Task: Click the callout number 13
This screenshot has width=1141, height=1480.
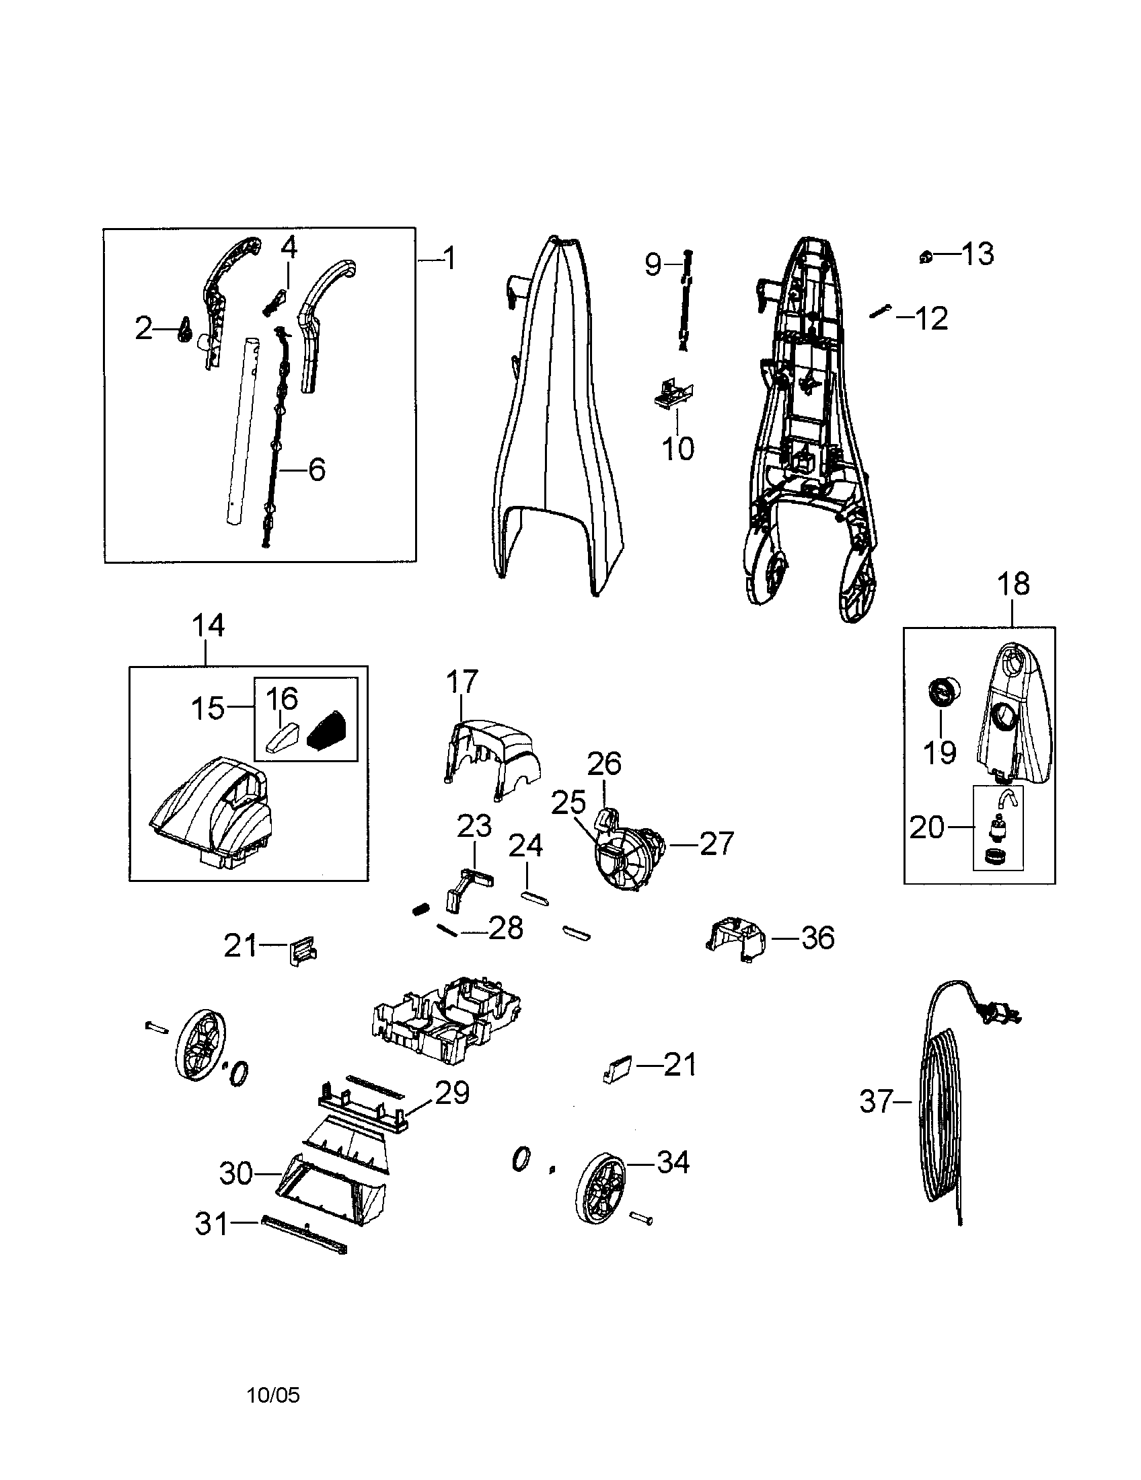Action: coord(978,255)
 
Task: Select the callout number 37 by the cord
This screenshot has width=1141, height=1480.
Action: coord(877,1101)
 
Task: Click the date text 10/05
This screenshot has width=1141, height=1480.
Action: coord(273,1395)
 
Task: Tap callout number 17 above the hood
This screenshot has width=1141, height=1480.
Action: coord(462,681)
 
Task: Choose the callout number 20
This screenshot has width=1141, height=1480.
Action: coord(926,827)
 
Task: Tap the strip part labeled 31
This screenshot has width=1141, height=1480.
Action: coord(303,1234)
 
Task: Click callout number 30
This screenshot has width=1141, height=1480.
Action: coord(235,1173)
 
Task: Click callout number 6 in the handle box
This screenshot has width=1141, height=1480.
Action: coord(316,470)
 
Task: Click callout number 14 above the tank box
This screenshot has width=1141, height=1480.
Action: coord(208,625)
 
